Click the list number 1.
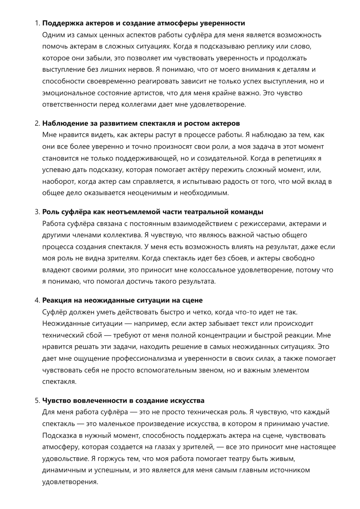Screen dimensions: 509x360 click(x=37, y=23)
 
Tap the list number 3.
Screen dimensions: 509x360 click(x=37, y=212)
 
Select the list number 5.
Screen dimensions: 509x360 click(x=37, y=401)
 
